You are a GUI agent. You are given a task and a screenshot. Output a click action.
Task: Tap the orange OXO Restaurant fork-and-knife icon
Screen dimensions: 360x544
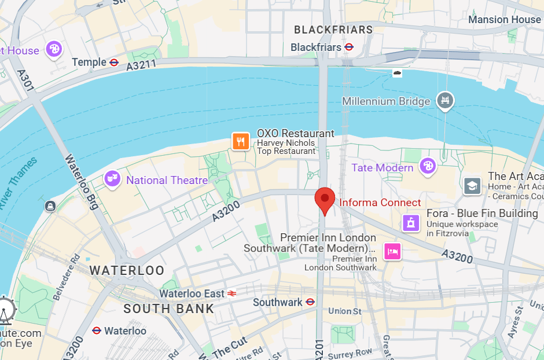click(241, 141)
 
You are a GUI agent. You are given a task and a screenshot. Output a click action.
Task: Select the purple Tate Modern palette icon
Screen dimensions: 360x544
click(428, 166)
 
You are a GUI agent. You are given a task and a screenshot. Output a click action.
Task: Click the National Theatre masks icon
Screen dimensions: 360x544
click(112, 179)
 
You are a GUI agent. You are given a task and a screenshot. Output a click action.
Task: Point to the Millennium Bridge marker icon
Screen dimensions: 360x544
click(445, 100)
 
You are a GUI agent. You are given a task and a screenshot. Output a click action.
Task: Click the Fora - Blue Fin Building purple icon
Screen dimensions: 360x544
click(411, 222)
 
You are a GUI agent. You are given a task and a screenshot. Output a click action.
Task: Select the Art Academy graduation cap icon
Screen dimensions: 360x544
click(473, 186)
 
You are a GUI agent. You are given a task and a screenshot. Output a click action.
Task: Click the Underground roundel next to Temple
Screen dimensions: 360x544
click(114, 62)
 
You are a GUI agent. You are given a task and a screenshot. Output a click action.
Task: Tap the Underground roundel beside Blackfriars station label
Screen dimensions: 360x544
click(349, 47)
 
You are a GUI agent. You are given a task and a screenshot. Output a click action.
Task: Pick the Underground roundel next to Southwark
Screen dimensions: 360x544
click(310, 302)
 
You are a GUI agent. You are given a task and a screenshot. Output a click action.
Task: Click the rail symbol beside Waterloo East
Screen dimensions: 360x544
click(232, 293)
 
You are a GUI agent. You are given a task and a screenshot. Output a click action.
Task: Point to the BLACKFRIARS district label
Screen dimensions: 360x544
click(333, 30)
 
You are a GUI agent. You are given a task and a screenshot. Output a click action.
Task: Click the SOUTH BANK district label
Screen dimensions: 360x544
click(168, 308)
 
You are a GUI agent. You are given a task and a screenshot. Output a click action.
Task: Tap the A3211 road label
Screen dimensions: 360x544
click(141, 65)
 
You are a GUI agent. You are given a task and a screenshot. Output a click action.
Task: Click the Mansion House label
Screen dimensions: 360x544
click(504, 20)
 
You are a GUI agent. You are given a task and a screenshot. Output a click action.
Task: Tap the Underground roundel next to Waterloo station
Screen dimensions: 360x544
click(97, 331)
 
